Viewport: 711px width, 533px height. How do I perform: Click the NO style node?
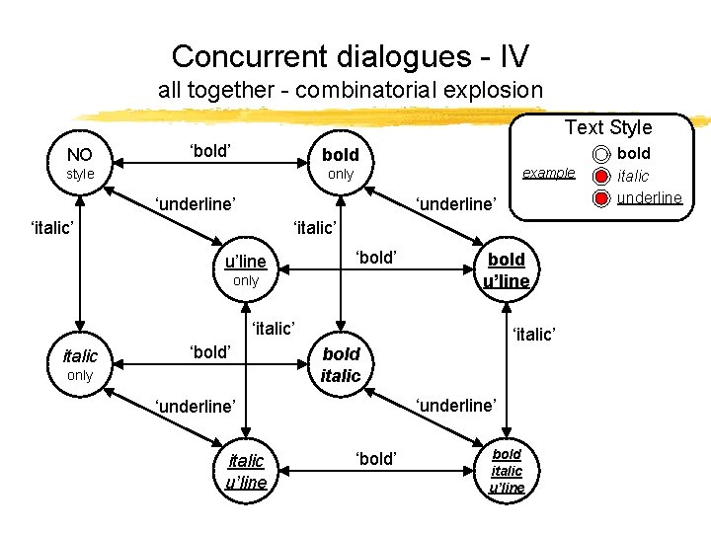(79, 163)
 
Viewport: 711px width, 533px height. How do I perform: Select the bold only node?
(340, 163)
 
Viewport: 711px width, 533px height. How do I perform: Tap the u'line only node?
(245, 269)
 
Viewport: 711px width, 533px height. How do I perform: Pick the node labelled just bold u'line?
(506, 268)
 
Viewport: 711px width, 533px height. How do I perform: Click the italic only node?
(79, 364)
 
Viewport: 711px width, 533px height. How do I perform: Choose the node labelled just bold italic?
(341, 363)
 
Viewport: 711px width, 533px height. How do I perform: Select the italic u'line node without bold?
(246, 470)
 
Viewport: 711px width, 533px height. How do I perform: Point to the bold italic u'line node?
(507, 470)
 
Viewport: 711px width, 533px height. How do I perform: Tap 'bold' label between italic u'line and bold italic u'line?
(375, 458)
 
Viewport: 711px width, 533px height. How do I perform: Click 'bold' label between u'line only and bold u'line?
(375, 258)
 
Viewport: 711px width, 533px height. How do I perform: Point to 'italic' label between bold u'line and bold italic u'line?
(533, 335)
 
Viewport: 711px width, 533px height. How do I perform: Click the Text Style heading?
(608, 127)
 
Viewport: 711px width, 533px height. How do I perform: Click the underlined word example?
(548, 172)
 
